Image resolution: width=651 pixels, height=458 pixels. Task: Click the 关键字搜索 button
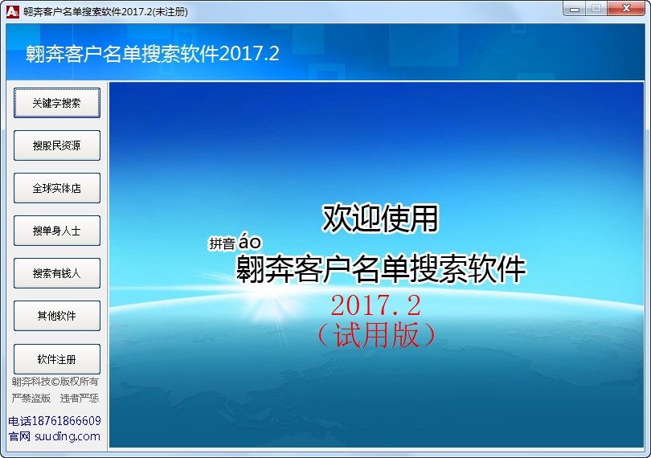pyautogui.click(x=56, y=103)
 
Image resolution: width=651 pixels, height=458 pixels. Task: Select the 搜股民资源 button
pyautogui.click(x=56, y=145)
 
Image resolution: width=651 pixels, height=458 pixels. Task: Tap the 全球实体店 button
pyautogui.click(x=56, y=188)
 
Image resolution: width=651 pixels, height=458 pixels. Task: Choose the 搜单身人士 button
pyautogui.click(x=56, y=231)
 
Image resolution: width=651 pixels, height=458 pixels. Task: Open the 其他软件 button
pyautogui.click(x=56, y=316)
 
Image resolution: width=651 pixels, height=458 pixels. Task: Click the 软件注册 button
pyautogui.click(x=56, y=358)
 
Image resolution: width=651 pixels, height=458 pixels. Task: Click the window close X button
pyautogui.click(x=628, y=9)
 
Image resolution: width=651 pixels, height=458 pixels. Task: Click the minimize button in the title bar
pyautogui.click(x=573, y=9)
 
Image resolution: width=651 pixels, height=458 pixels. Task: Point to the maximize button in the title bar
pyautogui.click(x=596, y=9)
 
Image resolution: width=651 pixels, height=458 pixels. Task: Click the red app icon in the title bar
pyautogui.click(x=12, y=12)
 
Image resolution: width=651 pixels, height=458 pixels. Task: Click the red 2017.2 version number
pyautogui.click(x=375, y=305)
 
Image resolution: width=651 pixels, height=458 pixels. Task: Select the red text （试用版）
pyautogui.click(x=375, y=333)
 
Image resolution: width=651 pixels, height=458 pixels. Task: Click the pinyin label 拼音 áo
pyautogui.click(x=235, y=243)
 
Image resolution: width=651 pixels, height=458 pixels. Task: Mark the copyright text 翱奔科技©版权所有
pyautogui.click(x=55, y=382)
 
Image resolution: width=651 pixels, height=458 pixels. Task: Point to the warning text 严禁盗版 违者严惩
pyautogui.click(x=55, y=398)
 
